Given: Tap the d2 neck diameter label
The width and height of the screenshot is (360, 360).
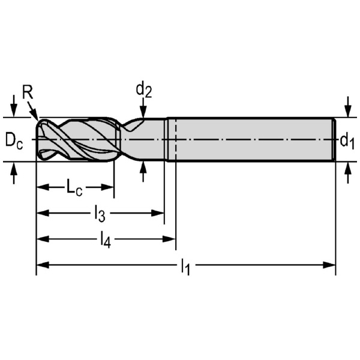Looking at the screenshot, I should coord(143,90).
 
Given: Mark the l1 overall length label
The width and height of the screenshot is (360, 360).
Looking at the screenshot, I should coord(185,266).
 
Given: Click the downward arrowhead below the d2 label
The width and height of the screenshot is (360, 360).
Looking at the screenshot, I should coord(143,113).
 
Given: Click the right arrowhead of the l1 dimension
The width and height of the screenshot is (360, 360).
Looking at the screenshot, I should coord(331,264).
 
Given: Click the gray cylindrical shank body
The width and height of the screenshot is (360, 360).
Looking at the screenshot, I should coord(252,140).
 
